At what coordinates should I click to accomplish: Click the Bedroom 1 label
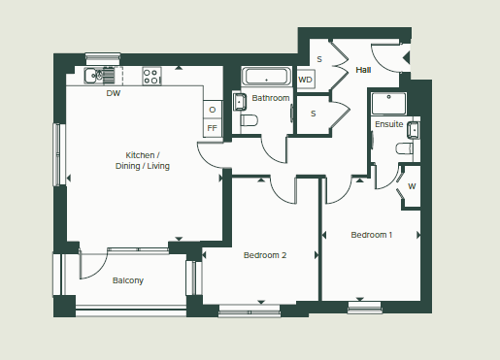[372, 235]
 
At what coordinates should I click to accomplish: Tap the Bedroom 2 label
[264, 255]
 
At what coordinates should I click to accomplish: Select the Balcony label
[127, 280]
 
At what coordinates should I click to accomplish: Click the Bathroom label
[271, 98]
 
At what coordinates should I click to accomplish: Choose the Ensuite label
[389, 124]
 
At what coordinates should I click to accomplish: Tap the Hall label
[363, 70]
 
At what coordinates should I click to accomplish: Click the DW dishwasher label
[114, 94]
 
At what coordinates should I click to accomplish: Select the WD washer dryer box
[306, 79]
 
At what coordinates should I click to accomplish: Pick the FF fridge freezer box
[213, 127]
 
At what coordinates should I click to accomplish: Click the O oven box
[213, 109]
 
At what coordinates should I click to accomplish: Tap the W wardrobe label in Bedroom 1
[412, 185]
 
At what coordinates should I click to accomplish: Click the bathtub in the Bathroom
[265, 77]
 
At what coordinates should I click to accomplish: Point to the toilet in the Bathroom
[247, 120]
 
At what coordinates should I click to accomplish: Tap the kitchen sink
[99, 75]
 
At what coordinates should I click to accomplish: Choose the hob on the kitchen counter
[152, 74]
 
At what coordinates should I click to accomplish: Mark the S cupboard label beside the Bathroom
[313, 114]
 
